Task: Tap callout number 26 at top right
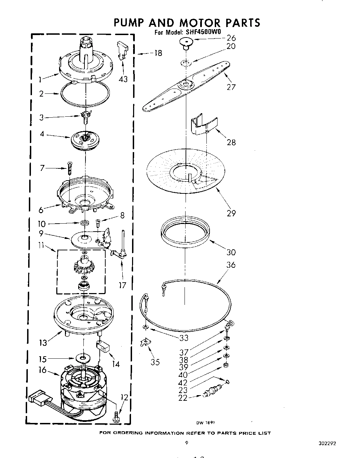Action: (231, 38)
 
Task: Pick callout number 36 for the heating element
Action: (231, 265)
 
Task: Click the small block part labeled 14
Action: (103, 346)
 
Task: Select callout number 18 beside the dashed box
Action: (158, 53)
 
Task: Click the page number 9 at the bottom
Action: (187, 443)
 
